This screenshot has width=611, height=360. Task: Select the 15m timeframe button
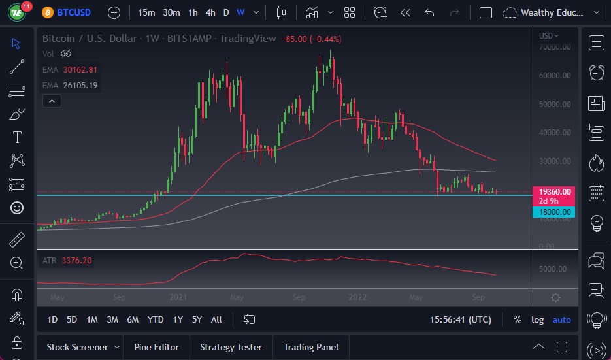[147, 12]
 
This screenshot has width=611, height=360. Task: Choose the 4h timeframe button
[210, 12]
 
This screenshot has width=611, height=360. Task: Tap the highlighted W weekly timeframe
[240, 12]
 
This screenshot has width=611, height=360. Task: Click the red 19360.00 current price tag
[554, 191]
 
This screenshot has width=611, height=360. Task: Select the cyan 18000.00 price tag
[554, 212]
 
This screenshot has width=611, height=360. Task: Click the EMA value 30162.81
[80, 69]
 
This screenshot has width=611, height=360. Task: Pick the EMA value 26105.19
[80, 85]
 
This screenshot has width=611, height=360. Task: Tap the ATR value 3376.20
[76, 261]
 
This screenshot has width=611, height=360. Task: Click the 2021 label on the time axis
[178, 297]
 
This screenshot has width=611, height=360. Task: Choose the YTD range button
[156, 319]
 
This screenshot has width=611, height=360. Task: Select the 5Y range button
[197, 319]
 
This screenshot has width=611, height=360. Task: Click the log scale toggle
[537, 319]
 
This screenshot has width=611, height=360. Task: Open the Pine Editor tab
[156, 347]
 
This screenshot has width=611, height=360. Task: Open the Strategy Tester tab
[231, 347]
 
